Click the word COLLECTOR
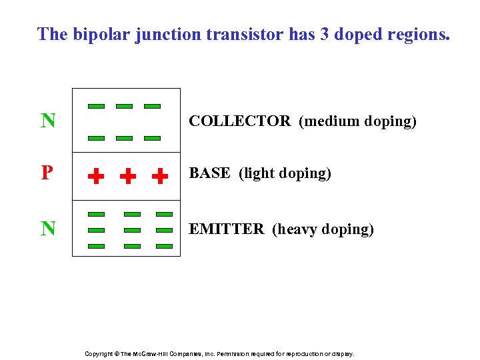240,121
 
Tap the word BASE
210,173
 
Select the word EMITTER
227,229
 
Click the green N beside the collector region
48,121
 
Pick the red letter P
47,173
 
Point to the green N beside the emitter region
48,229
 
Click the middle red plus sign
127,176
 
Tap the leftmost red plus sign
97,176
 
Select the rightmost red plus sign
159,176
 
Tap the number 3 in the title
325,35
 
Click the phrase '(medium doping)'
357,121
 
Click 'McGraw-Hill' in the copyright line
154,354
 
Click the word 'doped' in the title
360,35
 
